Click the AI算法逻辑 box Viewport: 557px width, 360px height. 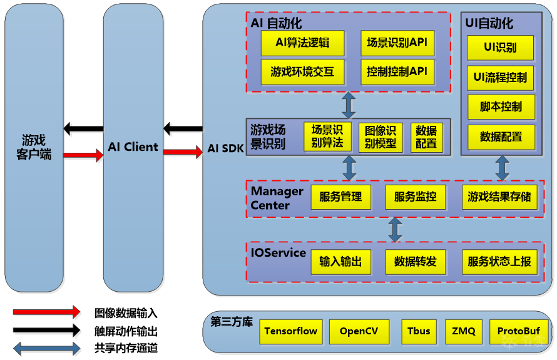click(x=303, y=43)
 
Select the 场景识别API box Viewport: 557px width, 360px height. click(x=397, y=43)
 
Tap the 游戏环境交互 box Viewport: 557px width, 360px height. click(x=303, y=72)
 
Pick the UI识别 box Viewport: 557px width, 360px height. click(x=501, y=48)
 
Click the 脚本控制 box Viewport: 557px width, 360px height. click(x=501, y=107)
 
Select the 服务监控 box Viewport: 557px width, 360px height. click(x=416, y=197)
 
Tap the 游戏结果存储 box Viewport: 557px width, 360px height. click(x=499, y=197)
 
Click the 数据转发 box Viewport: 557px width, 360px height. click(x=416, y=262)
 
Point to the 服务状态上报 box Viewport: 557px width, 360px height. click(x=499, y=262)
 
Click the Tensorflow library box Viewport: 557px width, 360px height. click(x=291, y=331)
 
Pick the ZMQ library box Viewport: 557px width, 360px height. click(x=464, y=331)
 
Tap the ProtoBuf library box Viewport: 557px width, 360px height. click(x=518, y=331)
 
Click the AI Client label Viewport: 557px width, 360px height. click(x=133, y=148)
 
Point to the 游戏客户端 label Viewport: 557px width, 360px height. click(x=34, y=147)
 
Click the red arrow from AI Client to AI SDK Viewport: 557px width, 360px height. click(x=183, y=152)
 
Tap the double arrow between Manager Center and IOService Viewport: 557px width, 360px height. click(x=395, y=230)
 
